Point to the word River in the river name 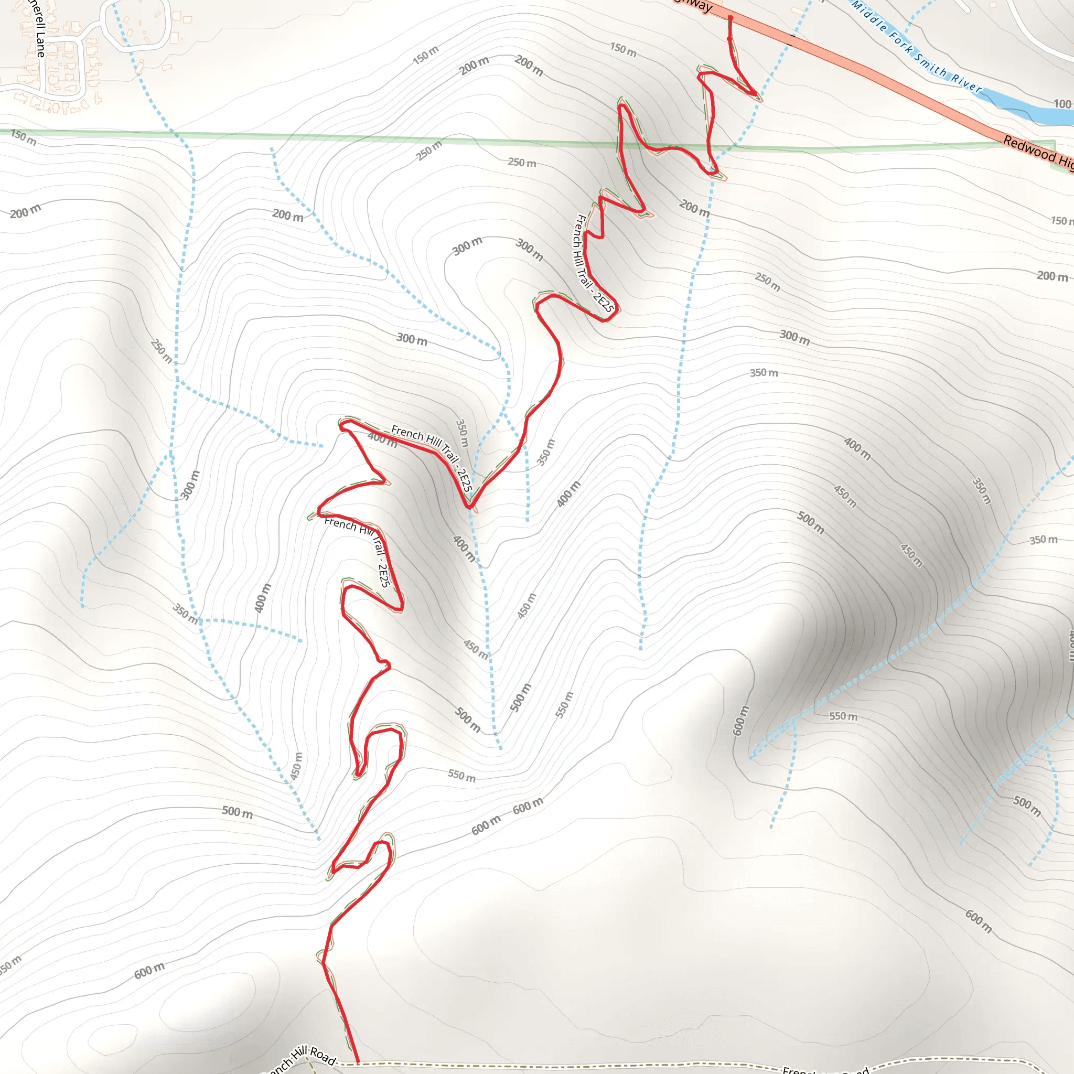click(x=965, y=83)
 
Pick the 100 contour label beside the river click(x=1062, y=104)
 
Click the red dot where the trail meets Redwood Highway click(x=731, y=18)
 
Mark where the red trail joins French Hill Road click(x=358, y=1062)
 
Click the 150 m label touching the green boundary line click(x=24, y=137)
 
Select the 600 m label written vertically click(x=741, y=721)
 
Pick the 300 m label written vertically click(x=190, y=485)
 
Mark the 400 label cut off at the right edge click(x=1070, y=645)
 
